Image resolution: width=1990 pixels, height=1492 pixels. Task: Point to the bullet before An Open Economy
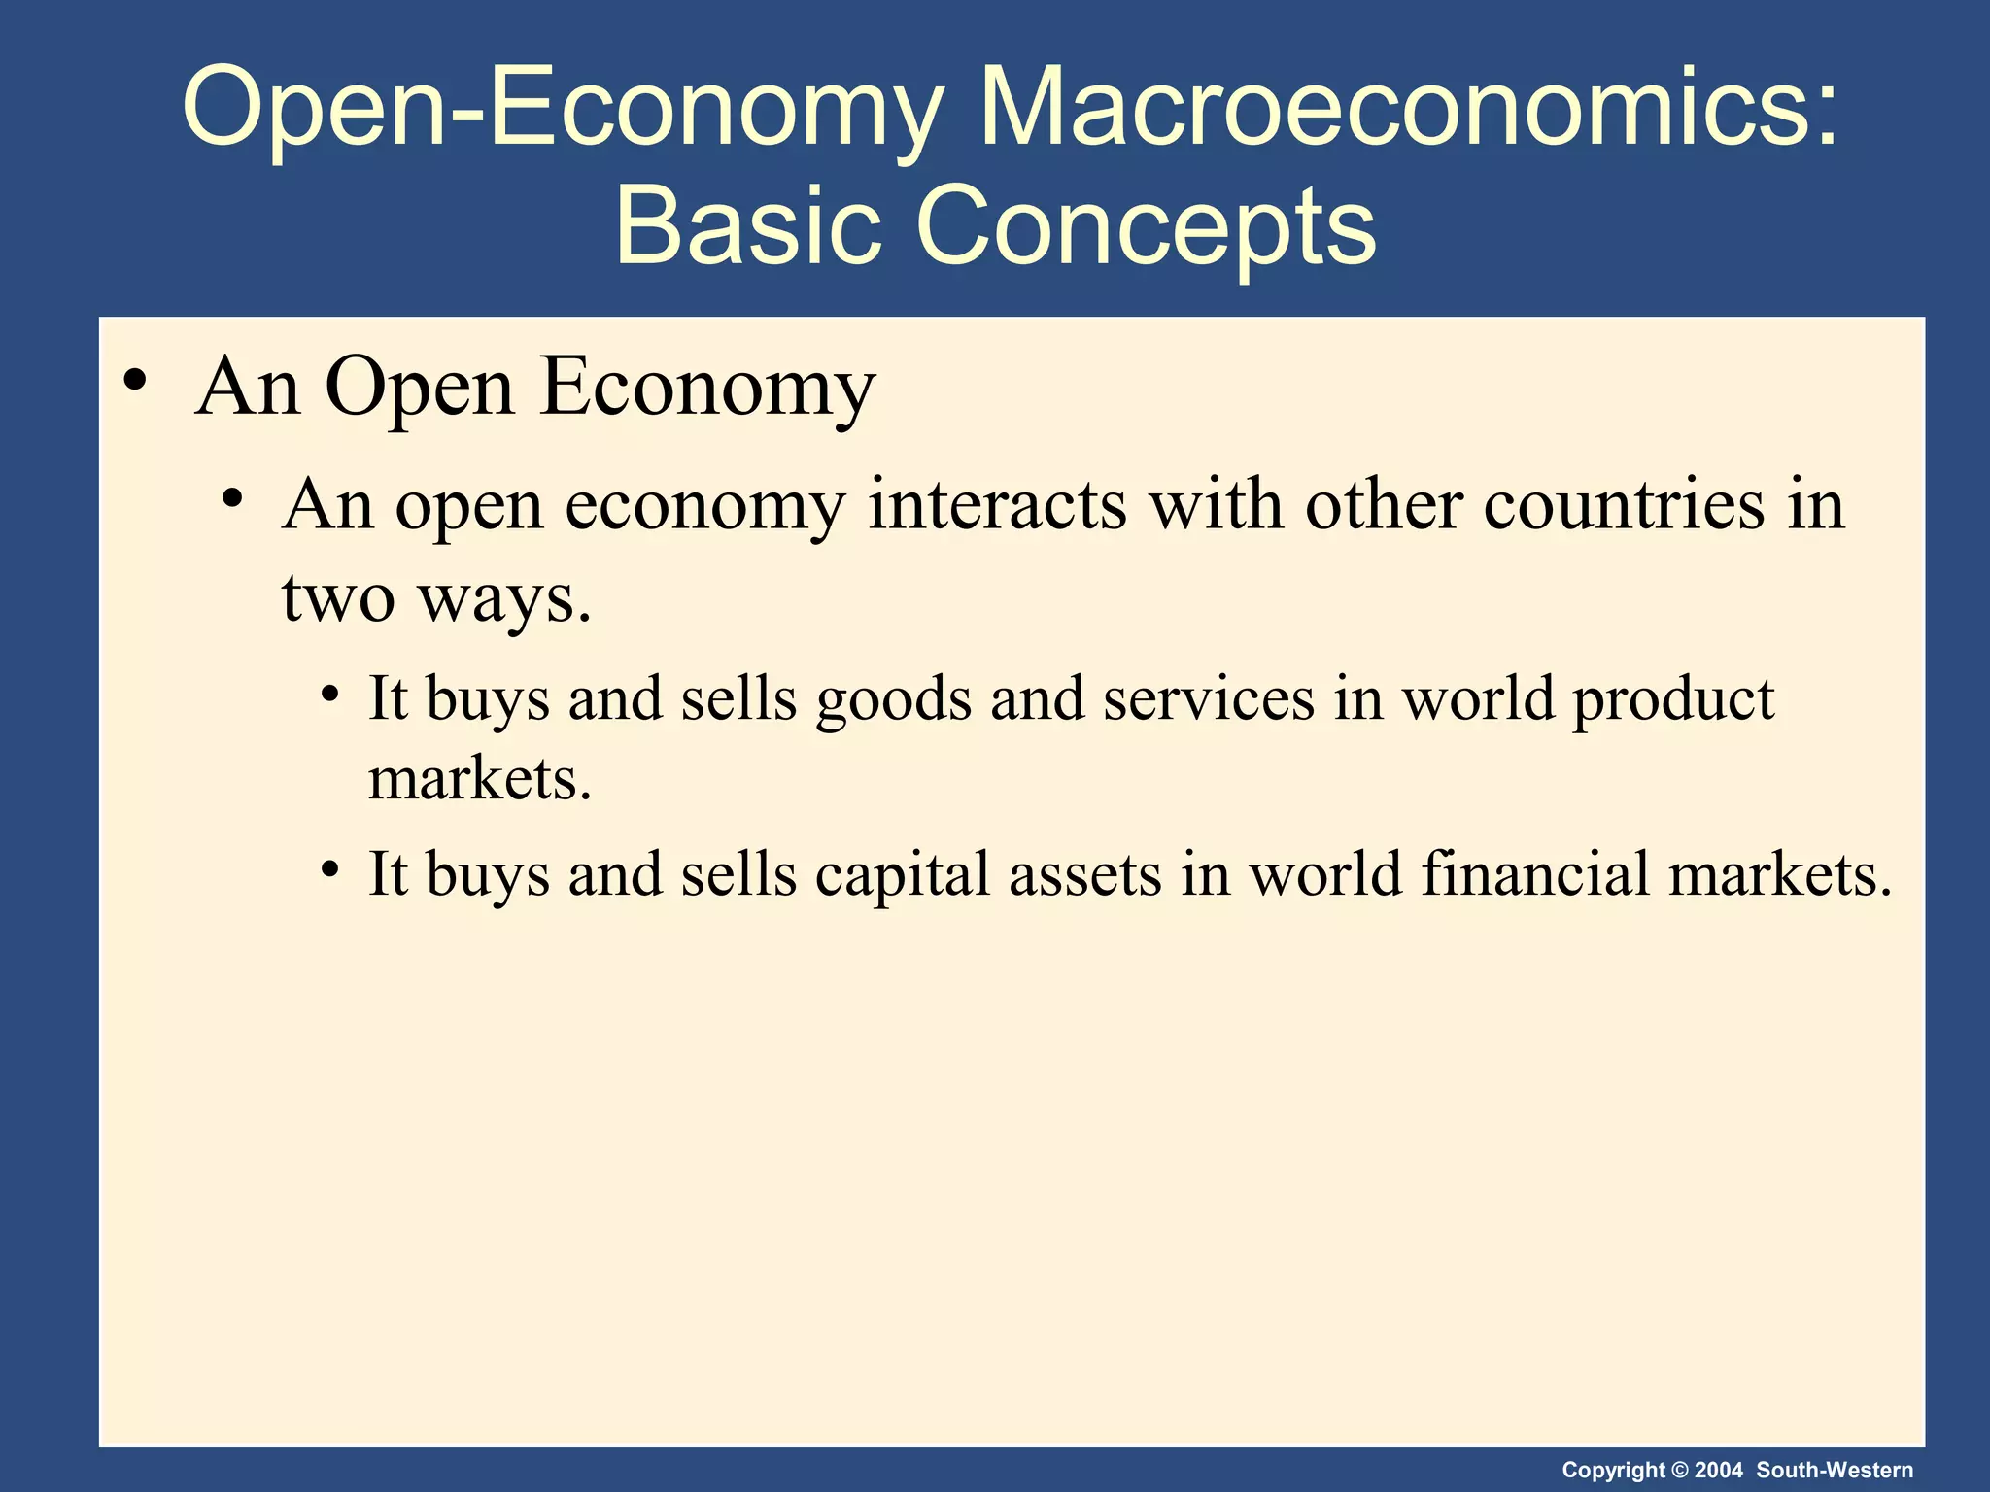tap(136, 381)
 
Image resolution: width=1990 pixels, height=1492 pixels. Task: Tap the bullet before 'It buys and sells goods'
tap(331, 695)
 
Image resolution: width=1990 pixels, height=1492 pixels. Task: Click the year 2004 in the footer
tap(1719, 1470)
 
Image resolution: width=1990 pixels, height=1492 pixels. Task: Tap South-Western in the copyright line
tap(1835, 1470)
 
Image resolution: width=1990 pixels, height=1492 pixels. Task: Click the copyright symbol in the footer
tap(1679, 1470)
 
